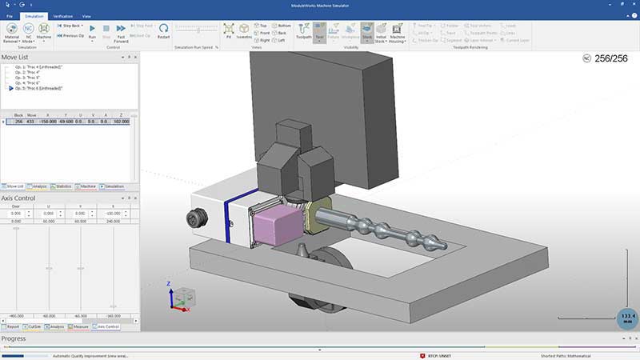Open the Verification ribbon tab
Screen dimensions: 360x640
62,15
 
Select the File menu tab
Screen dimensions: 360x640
10,15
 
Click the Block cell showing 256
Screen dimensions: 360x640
18,122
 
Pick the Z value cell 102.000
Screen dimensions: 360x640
121,122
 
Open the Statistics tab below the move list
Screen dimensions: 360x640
62,186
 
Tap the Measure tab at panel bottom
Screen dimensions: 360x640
79,326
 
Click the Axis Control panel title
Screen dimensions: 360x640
18,198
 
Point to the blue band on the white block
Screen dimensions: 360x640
229,219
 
